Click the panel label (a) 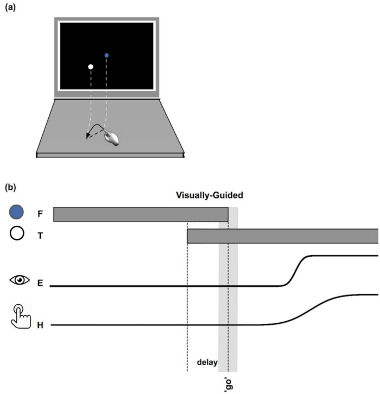10,7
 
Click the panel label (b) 10,187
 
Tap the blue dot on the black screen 106,56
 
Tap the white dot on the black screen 91,66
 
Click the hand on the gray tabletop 111,137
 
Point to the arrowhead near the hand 87,136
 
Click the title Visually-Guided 210,195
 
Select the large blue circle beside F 16,212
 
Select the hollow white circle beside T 17,233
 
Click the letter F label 40,214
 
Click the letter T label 40,236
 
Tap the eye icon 20,280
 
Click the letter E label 40,283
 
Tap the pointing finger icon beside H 21,316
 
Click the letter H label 40,325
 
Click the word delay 207,362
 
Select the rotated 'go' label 229,384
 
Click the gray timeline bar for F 141,214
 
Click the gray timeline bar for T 283,236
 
